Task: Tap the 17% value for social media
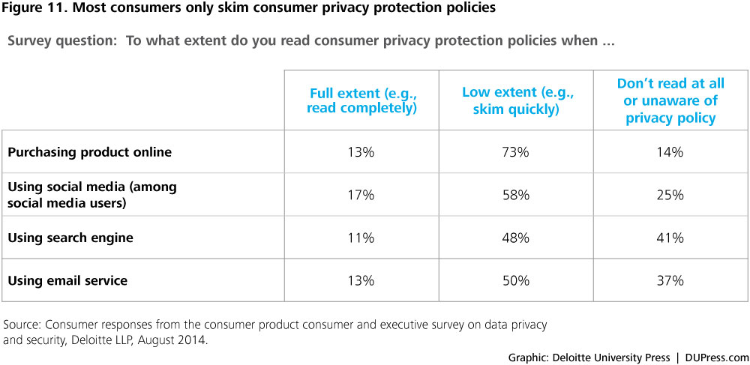pos(361,195)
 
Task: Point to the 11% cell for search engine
pos(361,238)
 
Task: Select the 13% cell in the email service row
pos(361,281)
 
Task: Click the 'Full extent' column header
pos(362,100)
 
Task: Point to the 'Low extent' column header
pos(517,100)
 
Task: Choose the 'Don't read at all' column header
pos(670,100)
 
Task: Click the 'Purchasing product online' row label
pos(89,152)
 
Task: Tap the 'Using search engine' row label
pos(70,238)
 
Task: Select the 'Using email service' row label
pos(67,281)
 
